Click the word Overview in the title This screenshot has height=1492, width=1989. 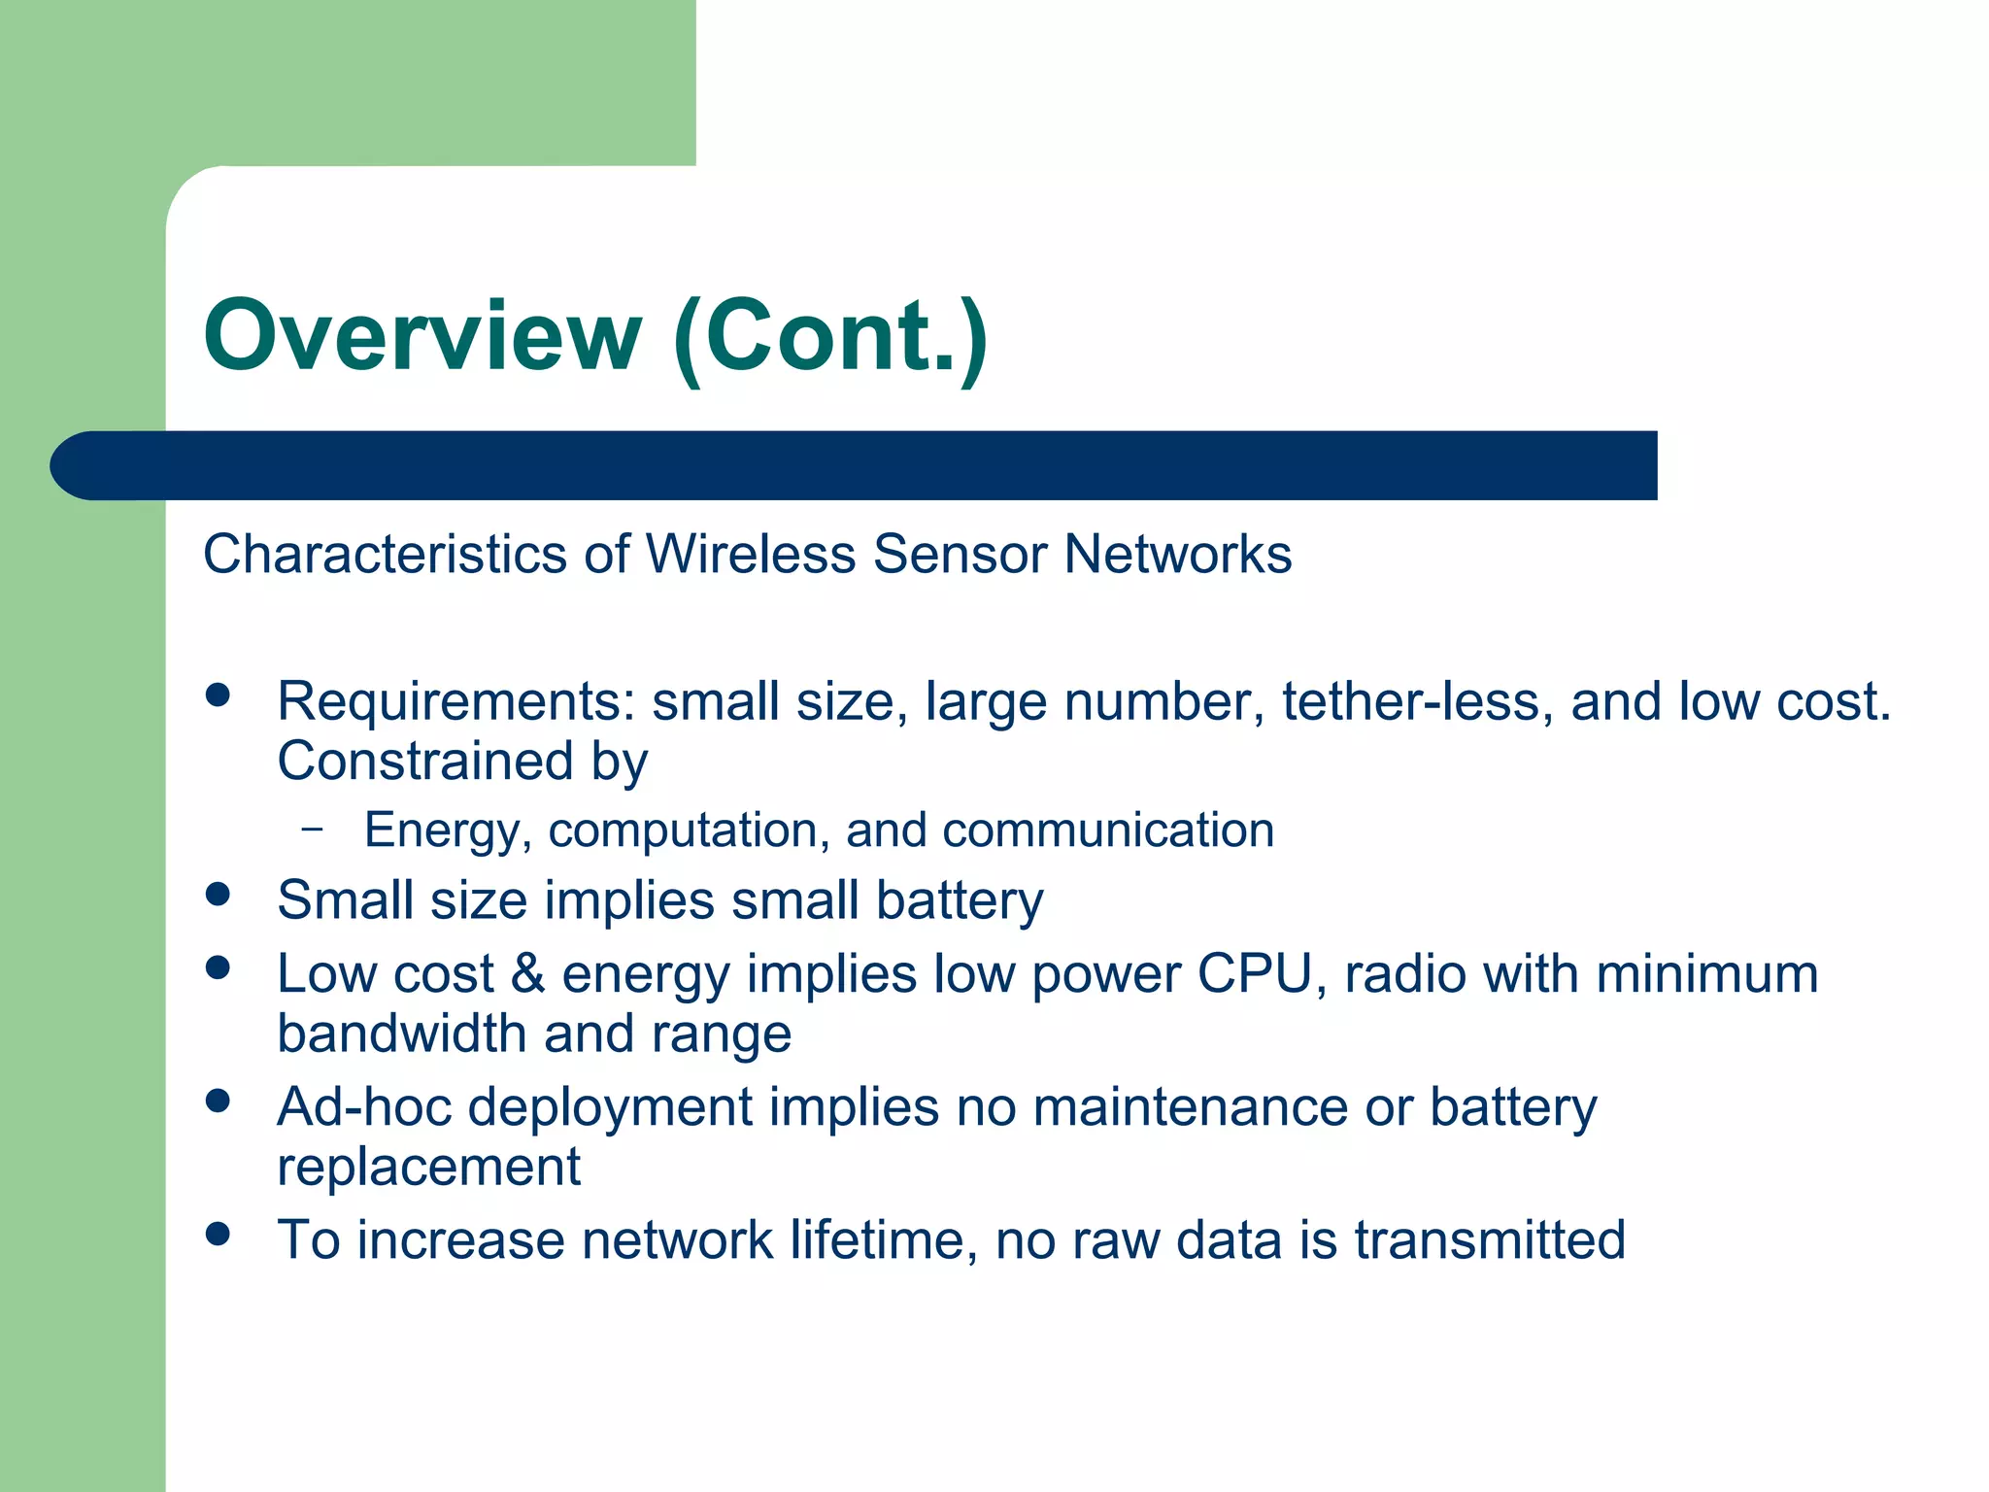[x=422, y=335]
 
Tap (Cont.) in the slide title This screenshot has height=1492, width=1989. [x=830, y=337]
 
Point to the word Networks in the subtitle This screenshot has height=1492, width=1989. [x=1177, y=555]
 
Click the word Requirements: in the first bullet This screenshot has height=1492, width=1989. [x=455, y=702]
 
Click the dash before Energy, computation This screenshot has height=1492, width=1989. [x=312, y=830]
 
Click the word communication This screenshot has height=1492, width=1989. [x=1107, y=831]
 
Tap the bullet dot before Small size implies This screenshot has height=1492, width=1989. [x=219, y=895]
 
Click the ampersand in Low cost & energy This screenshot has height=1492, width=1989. [x=527, y=973]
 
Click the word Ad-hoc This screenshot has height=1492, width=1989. [x=364, y=1107]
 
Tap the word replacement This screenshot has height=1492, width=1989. [x=428, y=1167]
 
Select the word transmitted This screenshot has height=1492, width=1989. [x=1490, y=1240]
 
